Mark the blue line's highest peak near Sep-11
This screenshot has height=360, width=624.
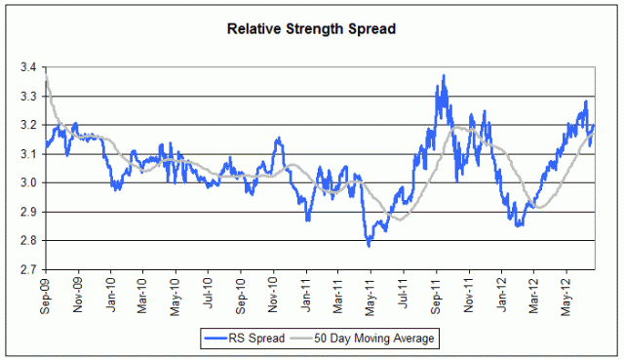tap(444, 75)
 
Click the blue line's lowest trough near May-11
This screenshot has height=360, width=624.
tap(369, 245)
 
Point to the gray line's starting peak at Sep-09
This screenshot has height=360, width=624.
tap(47, 76)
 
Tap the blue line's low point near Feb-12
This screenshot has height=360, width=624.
tap(519, 225)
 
